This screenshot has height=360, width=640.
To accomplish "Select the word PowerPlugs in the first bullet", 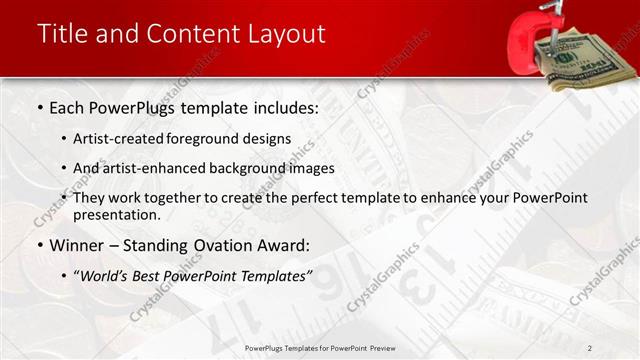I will pos(130,107).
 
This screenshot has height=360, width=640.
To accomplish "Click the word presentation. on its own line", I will pos(116,214).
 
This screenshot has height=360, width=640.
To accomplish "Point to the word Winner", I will pos(76,245).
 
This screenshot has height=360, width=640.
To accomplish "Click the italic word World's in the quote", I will pos(108,275).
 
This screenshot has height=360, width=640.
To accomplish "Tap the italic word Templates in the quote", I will pos(273,275).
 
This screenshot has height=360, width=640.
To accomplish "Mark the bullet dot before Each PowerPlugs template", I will pos(39,107).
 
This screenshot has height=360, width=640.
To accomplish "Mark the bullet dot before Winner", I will pos(39,245).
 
